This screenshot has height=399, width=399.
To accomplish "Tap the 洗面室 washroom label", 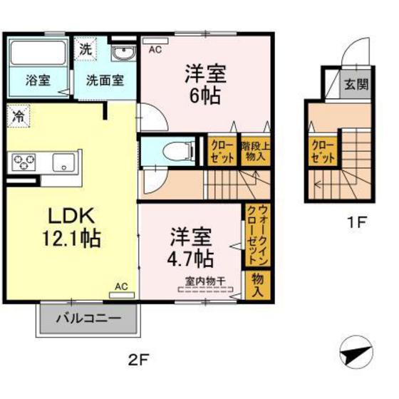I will (105, 79).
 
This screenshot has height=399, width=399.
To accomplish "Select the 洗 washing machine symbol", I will (85, 50).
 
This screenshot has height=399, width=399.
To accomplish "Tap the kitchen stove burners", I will (24, 162).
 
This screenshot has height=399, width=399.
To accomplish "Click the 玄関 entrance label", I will (356, 83).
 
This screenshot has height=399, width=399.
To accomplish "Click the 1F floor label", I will (357, 221).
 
